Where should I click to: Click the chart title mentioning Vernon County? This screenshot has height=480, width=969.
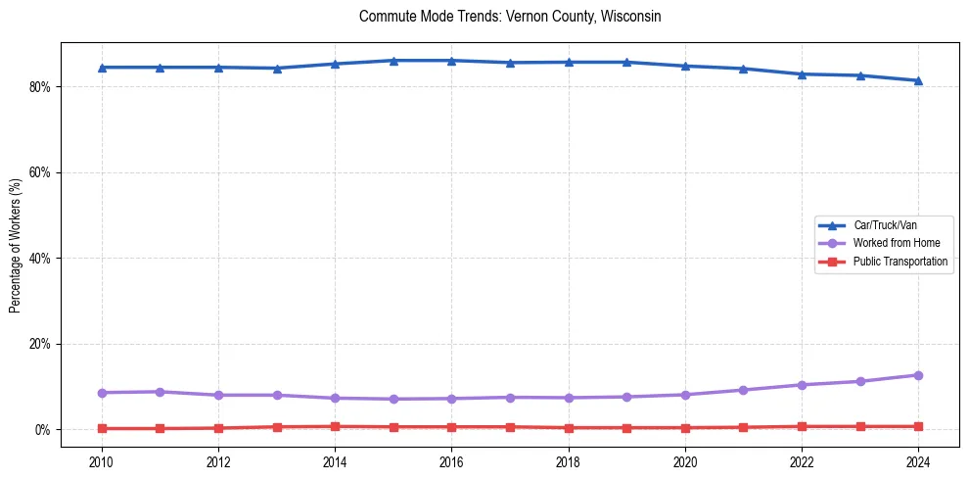pos(510,17)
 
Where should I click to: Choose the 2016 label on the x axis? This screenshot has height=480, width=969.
pos(451,461)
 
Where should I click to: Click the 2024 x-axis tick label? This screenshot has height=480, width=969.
pos(918,461)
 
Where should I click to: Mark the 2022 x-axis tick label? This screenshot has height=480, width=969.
pos(802,461)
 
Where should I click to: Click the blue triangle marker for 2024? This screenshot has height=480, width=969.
pos(918,80)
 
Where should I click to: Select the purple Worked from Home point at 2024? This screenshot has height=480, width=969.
pos(918,375)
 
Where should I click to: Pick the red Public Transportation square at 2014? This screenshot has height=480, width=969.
pos(335,427)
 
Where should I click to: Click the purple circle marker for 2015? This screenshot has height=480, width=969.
pos(393,399)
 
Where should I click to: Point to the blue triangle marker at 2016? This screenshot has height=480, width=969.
pos(451,61)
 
